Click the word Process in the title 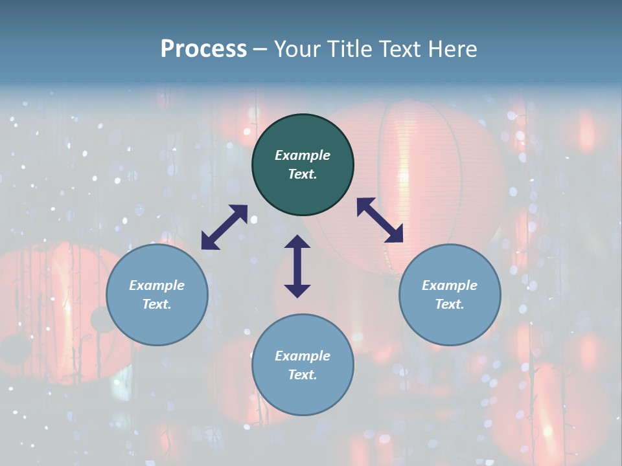[x=203, y=49]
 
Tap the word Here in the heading [x=452, y=49]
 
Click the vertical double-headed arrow [x=297, y=266]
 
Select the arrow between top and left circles [x=224, y=227]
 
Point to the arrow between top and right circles [x=380, y=220]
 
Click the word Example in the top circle [x=303, y=155]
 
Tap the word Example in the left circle [x=157, y=285]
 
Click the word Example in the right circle [x=450, y=285]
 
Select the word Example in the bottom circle [x=303, y=356]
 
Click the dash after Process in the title [x=260, y=50]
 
